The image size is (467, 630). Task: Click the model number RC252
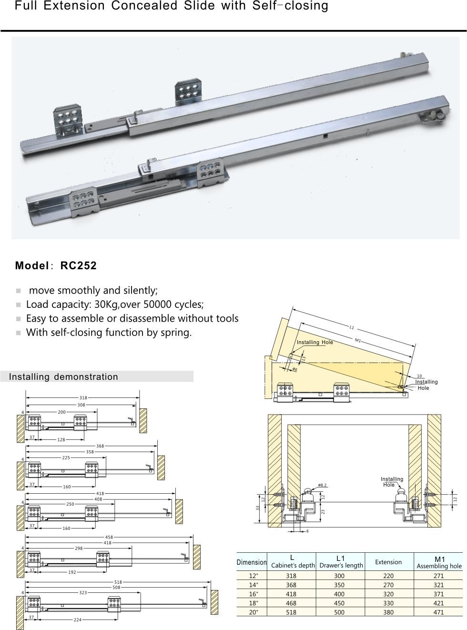78,266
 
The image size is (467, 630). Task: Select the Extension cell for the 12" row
388,576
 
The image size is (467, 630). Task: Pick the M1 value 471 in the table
439,612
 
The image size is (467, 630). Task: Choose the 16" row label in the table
253,594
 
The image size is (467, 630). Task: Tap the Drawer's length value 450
339,603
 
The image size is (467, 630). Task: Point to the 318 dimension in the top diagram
83,397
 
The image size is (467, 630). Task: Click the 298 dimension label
79,549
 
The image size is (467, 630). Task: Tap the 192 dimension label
72,572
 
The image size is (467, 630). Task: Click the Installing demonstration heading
63,377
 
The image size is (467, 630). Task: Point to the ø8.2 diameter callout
323,485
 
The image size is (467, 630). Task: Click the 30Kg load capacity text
107,305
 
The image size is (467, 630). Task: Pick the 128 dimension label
61,440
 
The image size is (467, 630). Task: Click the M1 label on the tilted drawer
357,340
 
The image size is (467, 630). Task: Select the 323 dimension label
83,593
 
